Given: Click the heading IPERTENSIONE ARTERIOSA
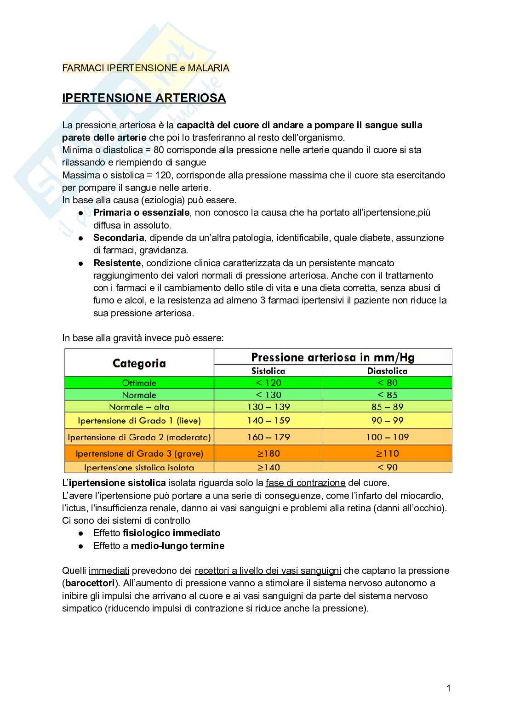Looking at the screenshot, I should pyautogui.click(x=144, y=98).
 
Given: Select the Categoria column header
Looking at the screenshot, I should pyautogui.click(x=139, y=363).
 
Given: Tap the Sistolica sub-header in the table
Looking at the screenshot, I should pyautogui.click(x=268, y=371).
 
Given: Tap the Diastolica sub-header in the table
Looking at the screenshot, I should pyautogui.click(x=387, y=371).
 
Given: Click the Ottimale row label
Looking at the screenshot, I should pyautogui.click(x=139, y=383).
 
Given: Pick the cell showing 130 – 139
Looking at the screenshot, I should pyautogui.click(x=268, y=407).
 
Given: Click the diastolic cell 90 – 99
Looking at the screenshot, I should pyautogui.click(x=387, y=420).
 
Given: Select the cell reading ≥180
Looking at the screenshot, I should pyautogui.click(x=268, y=453).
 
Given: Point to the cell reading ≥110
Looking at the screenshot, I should pyautogui.click(x=387, y=453).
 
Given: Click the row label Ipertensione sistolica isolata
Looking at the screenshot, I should pyautogui.click(x=139, y=468).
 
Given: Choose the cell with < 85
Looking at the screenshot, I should pyautogui.click(x=387, y=395).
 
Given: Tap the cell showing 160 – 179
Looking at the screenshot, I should pyautogui.click(x=268, y=437).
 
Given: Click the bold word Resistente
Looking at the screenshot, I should pyautogui.click(x=117, y=263).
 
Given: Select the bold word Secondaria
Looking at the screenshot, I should pyautogui.click(x=119, y=238).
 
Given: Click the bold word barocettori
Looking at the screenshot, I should pyautogui.click(x=90, y=583).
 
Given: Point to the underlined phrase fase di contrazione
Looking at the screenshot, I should pyautogui.click(x=305, y=483).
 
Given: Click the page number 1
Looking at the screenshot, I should pyautogui.click(x=448, y=688).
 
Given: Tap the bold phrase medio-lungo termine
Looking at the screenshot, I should pyautogui.click(x=177, y=546).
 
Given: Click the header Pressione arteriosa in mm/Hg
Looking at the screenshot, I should pyautogui.click(x=332, y=357).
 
